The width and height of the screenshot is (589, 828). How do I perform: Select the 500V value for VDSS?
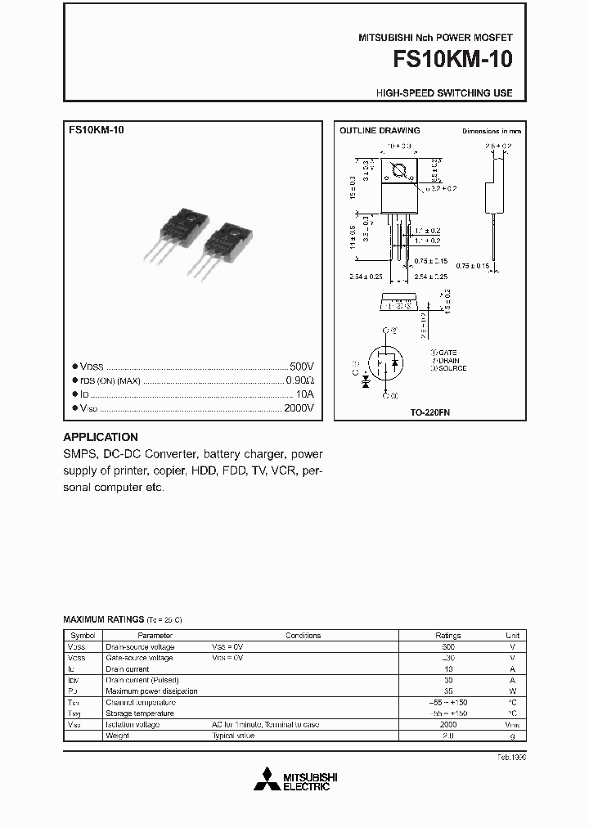click(301, 367)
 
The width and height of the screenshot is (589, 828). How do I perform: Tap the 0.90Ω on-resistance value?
click(299, 380)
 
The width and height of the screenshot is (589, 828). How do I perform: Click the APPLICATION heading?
click(101, 437)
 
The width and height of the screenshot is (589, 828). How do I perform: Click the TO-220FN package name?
click(430, 413)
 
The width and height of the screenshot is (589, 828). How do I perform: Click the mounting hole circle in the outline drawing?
click(401, 172)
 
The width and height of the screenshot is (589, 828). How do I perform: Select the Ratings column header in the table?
click(447, 635)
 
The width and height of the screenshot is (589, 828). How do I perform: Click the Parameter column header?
click(155, 635)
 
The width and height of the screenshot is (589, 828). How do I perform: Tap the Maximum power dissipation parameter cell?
click(151, 691)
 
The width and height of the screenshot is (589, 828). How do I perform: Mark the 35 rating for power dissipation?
click(447, 691)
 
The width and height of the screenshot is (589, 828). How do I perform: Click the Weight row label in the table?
click(117, 736)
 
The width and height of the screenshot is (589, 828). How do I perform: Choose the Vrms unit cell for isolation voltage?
click(512, 725)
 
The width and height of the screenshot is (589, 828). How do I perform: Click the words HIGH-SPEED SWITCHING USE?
click(444, 93)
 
